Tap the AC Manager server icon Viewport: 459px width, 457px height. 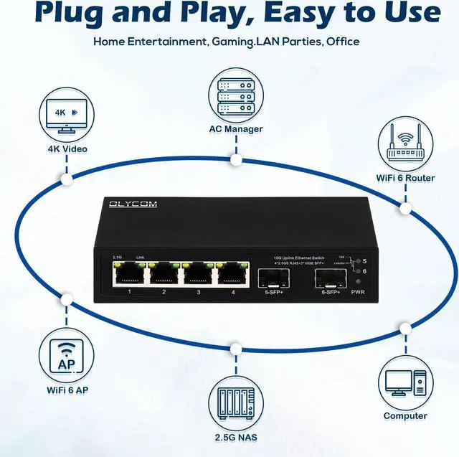pyautogui.click(x=235, y=96)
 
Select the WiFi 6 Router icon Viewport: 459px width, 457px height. pyautogui.click(x=405, y=146)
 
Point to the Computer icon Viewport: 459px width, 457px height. pyautogui.click(x=405, y=384)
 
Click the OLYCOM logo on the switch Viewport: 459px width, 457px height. pyautogui.click(x=133, y=205)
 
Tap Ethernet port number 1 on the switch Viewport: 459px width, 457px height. pyautogui.click(x=128, y=273)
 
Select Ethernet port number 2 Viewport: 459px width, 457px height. pyautogui.click(x=163, y=273)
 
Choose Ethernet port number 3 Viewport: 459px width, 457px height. pyautogui.click(x=197, y=273)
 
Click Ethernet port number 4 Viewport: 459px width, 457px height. pyautogui.click(x=232, y=273)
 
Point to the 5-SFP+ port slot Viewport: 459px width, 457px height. pyautogui.click(x=275, y=276)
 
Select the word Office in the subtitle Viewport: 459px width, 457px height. pyautogui.click(x=343, y=42)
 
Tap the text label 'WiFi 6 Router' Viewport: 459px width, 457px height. pyautogui.click(x=405, y=178)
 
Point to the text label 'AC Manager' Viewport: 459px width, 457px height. pyautogui.click(x=235, y=129)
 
